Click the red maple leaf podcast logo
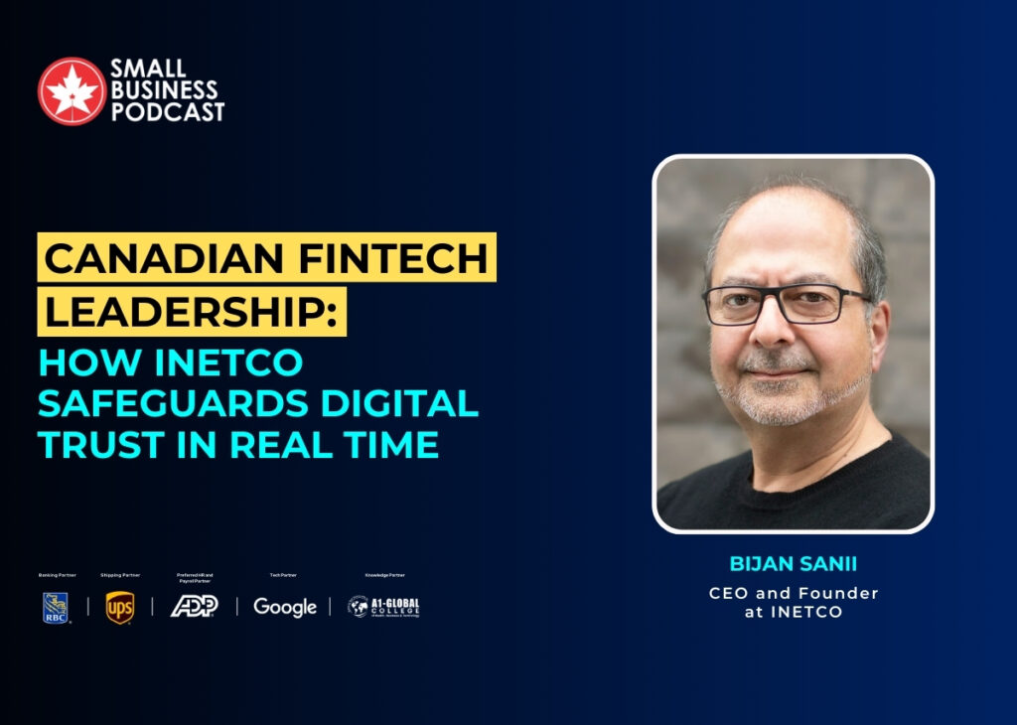(72, 91)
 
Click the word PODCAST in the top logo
(168, 112)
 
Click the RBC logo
(56, 607)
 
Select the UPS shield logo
(120, 607)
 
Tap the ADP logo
(194, 606)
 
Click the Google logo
(284, 607)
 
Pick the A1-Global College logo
(383, 607)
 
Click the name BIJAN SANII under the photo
(793, 564)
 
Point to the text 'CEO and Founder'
(793, 593)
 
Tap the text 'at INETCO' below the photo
(793, 612)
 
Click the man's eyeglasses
(786, 304)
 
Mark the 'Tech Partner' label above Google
(283, 575)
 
